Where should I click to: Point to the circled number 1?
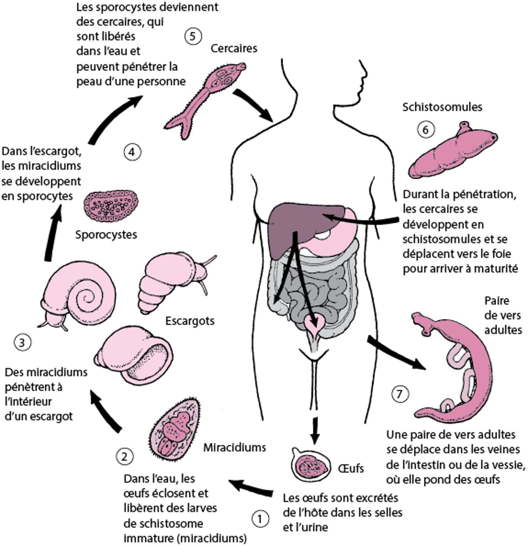[260, 518]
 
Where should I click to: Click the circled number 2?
[124, 456]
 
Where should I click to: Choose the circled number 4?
[132, 152]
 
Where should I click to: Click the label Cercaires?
[234, 48]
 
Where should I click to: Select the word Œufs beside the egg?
[351, 468]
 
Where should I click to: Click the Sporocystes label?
[106, 234]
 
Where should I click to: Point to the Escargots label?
[190, 320]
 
